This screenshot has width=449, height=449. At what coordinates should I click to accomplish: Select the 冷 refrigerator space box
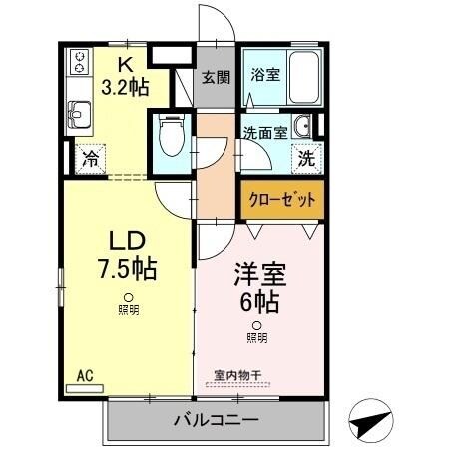click(x=91, y=159)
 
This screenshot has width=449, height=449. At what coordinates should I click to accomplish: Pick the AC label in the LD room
click(x=85, y=377)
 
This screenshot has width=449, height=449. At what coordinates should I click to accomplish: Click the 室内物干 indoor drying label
click(x=237, y=376)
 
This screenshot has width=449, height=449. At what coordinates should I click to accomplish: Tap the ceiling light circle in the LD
click(x=128, y=297)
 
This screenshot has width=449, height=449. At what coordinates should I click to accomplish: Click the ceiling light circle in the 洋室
click(x=256, y=325)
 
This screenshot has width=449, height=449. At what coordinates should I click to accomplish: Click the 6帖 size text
click(x=255, y=299)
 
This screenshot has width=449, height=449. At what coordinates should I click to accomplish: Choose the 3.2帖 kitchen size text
click(x=126, y=86)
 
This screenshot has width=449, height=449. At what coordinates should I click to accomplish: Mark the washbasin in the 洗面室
click(x=303, y=126)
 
